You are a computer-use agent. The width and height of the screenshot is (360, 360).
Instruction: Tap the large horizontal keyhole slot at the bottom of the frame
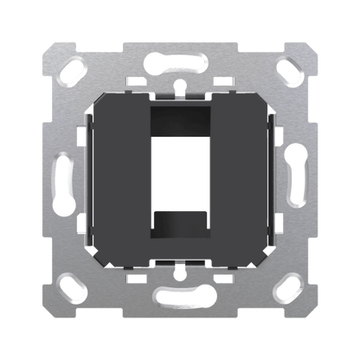pyautogui.click(x=179, y=299)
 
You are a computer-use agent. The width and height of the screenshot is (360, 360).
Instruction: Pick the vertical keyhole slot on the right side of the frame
pyautogui.click(x=297, y=179)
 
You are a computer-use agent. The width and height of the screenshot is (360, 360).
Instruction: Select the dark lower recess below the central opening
pyautogui.click(x=180, y=238)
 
